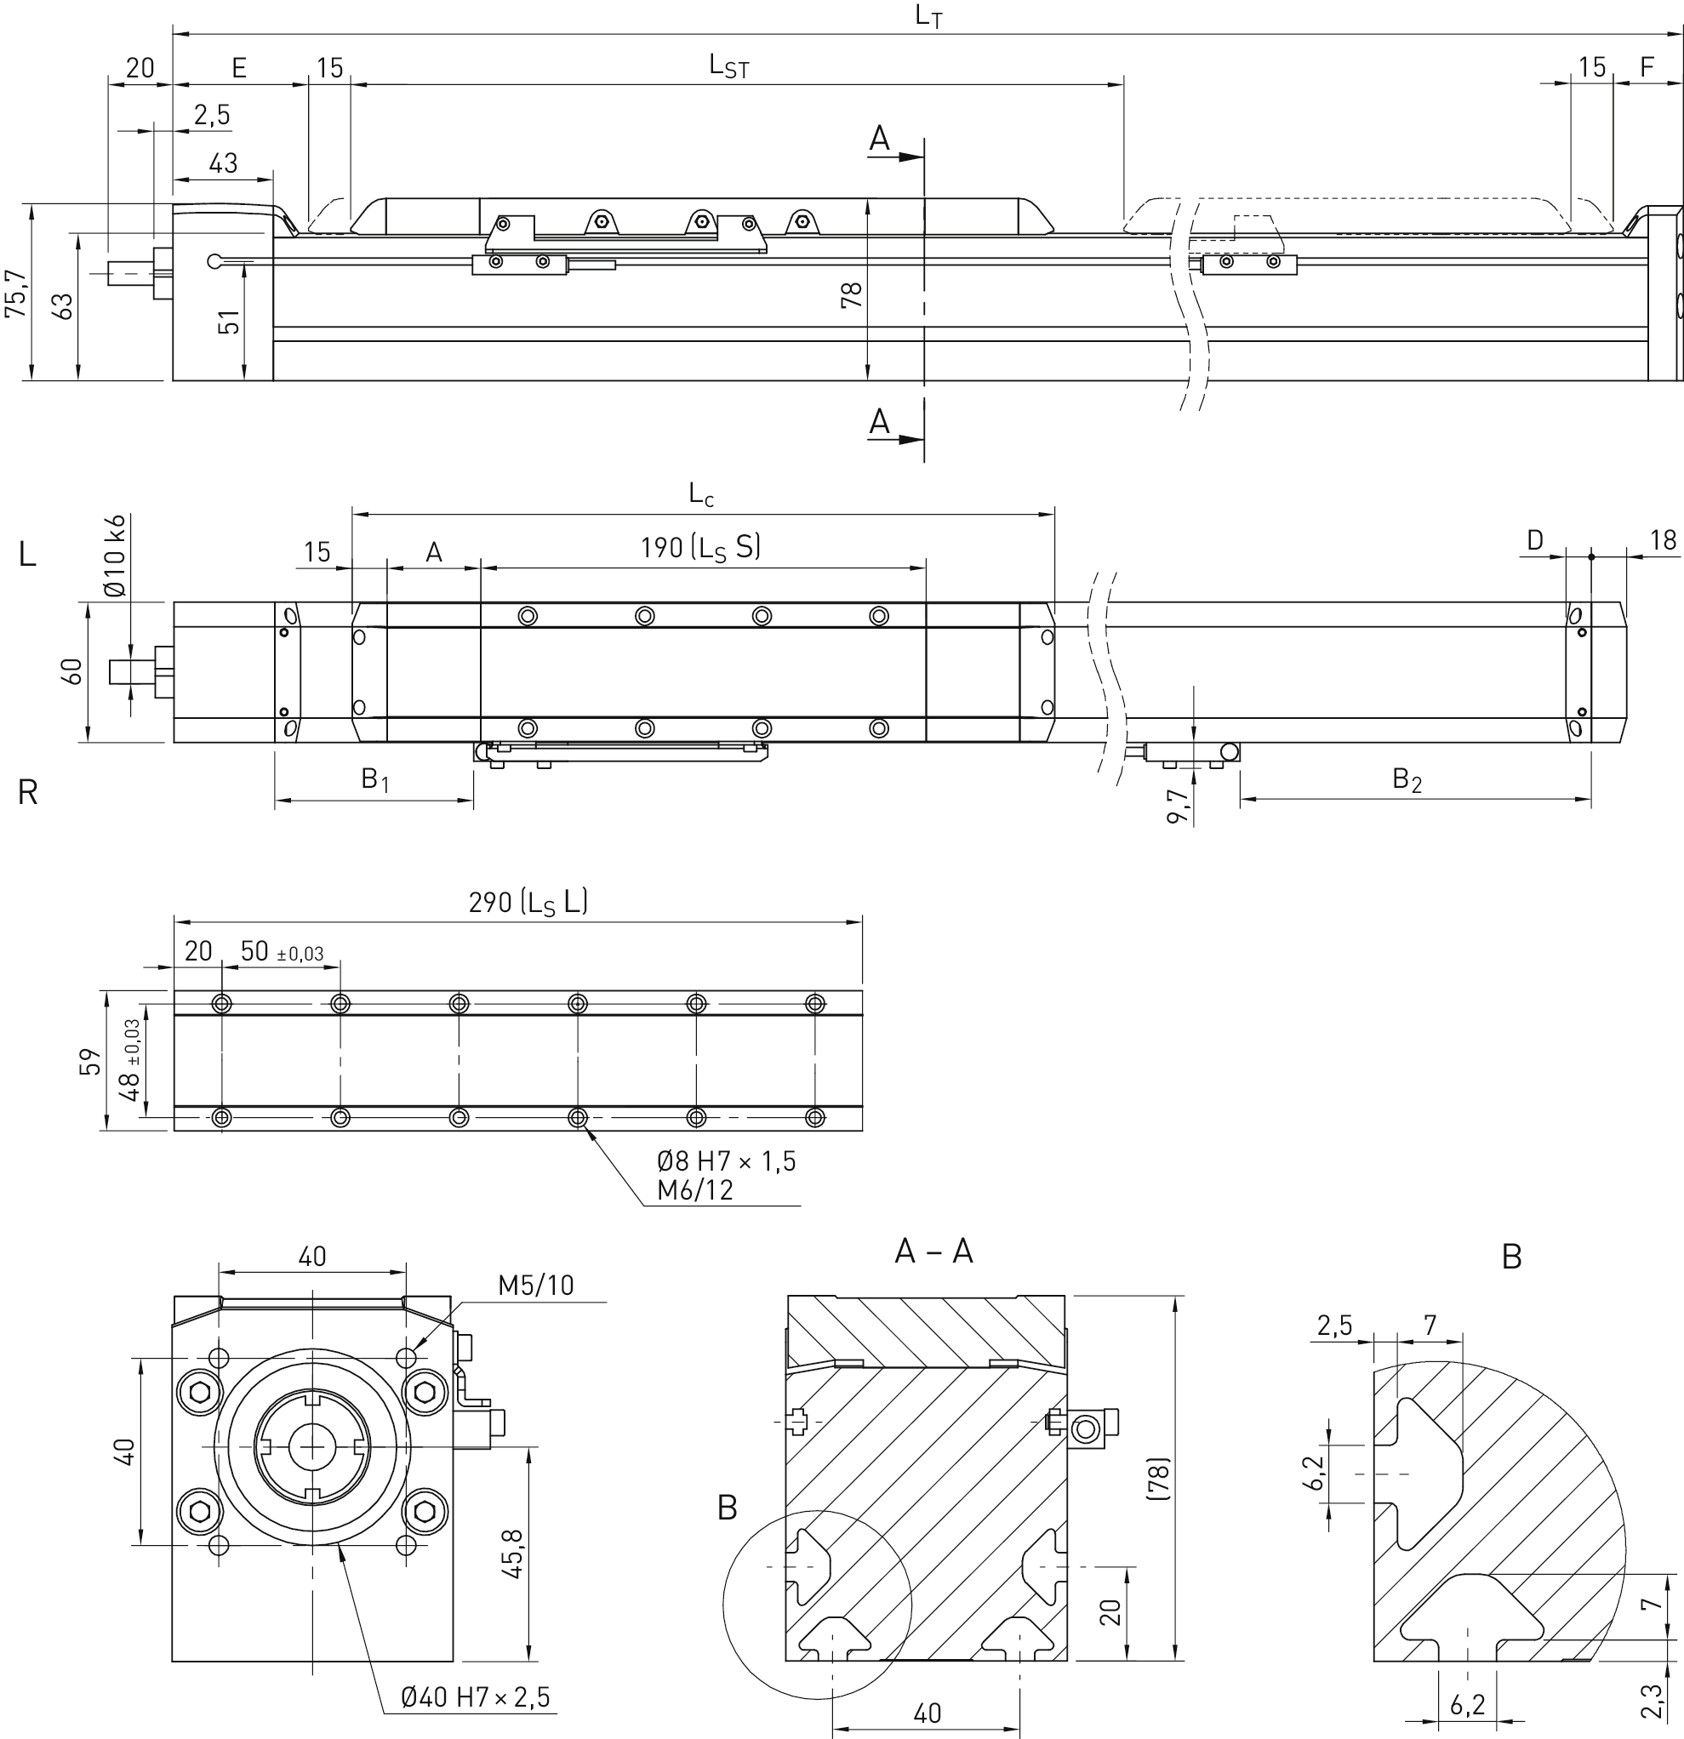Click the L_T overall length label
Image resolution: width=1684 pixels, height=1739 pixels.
tap(929, 16)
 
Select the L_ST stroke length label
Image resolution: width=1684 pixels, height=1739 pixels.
tap(728, 66)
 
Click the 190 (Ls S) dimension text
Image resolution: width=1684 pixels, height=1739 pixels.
tap(701, 547)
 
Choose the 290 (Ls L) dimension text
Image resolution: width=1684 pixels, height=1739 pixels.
tap(528, 903)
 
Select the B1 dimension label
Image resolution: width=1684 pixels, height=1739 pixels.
tap(374, 780)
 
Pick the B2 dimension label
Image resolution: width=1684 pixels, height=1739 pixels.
tap(1407, 780)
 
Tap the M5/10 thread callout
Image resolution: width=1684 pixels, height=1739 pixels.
tap(536, 1285)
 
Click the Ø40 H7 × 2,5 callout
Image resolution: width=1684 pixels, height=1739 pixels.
tap(476, 1697)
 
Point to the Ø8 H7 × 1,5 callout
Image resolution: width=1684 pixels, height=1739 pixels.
tap(726, 1161)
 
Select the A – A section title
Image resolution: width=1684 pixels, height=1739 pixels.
tap(933, 1252)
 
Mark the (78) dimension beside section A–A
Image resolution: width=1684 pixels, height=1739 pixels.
tap(1159, 1478)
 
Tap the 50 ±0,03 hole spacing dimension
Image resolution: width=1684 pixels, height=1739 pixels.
tap(282, 951)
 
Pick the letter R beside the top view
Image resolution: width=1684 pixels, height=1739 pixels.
tap(27, 792)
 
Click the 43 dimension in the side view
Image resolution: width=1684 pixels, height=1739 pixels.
tap(224, 163)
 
